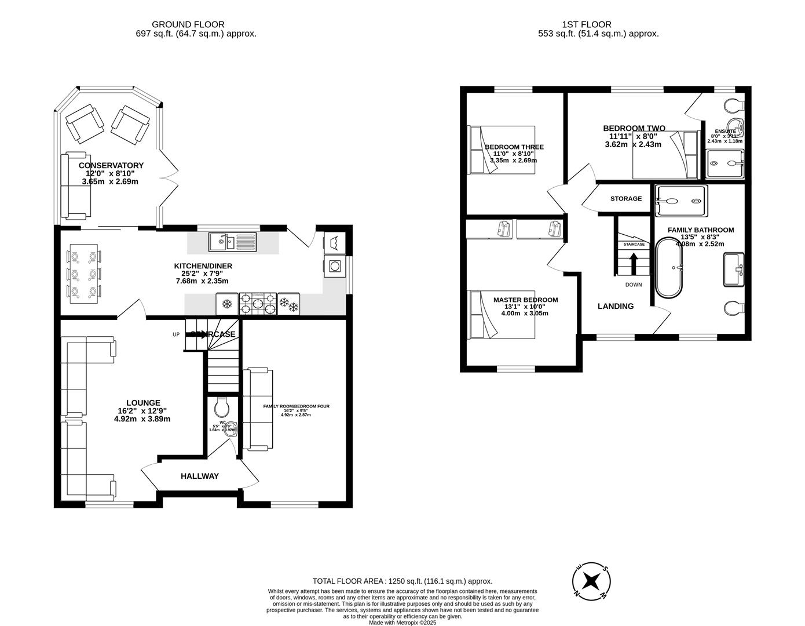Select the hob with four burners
coord(258,303)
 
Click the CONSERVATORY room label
coord(111,165)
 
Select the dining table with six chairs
coord(85,273)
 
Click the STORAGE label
coord(626,199)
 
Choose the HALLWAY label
coord(200,476)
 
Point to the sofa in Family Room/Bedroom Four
coord(257,409)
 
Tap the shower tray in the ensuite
coord(725,163)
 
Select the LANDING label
coord(616,306)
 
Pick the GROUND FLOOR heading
coord(188,24)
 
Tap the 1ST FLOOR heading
coord(587,24)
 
